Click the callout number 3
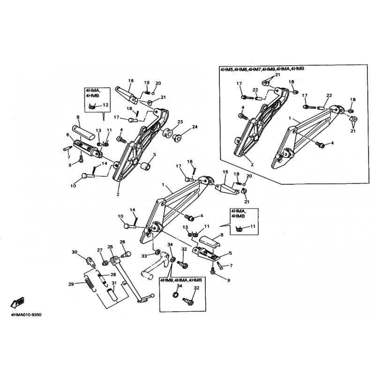154,155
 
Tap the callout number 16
131,81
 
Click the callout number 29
71,284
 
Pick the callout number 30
74,252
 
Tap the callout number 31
113,283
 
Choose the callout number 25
110,247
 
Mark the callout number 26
122,242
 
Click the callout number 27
99,250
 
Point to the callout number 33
144,255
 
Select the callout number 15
225,172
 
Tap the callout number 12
105,105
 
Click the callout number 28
113,275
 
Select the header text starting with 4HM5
262,69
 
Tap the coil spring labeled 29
89,284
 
